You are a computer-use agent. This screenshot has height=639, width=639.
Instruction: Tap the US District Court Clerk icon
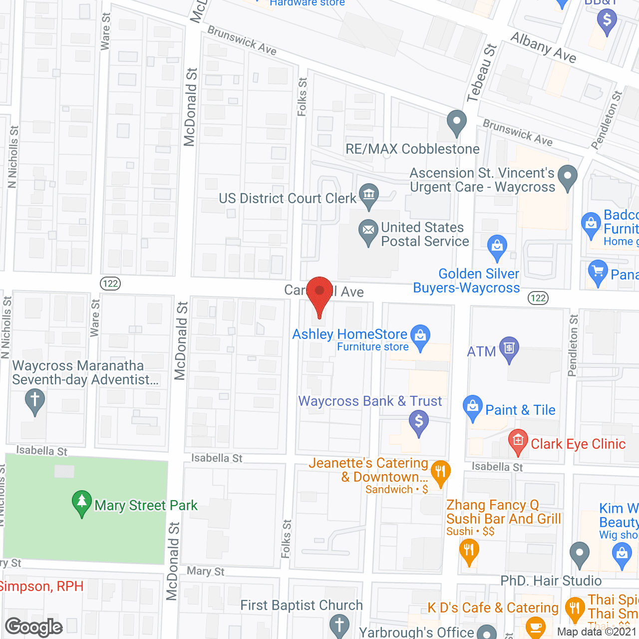[x=369, y=195]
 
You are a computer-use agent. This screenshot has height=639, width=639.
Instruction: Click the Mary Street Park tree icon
[x=81, y=502]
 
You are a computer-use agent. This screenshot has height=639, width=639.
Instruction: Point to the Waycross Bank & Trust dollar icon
[x=419, y=421]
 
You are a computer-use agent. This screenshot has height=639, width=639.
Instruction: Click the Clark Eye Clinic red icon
[x=518, y=440]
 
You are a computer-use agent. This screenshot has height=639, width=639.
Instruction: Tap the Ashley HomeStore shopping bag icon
[x=420, y=336]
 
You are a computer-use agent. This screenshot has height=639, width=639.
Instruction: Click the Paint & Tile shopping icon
[x=472, y=406]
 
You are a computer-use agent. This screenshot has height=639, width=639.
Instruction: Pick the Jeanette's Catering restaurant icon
[x=440, y=471]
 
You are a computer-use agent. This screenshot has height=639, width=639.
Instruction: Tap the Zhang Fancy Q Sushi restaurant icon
[x=469, y=551]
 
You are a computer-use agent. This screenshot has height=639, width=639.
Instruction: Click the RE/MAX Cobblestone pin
[x=456, y=121]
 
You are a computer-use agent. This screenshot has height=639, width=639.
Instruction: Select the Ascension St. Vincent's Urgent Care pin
[x=567, y=176]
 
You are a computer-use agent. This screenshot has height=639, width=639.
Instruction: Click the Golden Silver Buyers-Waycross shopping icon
[x=497, y=246]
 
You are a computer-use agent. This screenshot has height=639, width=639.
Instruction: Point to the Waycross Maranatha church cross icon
[x=34, y=400]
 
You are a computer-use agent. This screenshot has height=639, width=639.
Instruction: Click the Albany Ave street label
[x=544, y=47]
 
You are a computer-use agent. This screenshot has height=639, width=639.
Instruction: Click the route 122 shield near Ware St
[x=110, y=284]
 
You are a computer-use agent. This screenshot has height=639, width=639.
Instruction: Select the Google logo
[x=34, y=627]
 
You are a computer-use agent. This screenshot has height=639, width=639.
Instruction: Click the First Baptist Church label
[x=302, y=605]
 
